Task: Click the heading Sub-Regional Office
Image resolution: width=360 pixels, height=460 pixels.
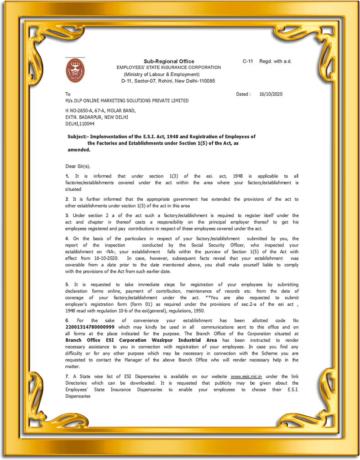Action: point(169,61)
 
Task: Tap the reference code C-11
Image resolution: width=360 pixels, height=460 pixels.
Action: point(248,61)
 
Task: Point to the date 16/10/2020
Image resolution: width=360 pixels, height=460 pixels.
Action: point(271,94)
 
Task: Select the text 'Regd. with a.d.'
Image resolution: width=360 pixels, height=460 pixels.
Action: point(276,61)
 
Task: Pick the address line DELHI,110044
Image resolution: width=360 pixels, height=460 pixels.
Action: point(80,124)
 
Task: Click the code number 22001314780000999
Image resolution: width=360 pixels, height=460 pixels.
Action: point(90,327)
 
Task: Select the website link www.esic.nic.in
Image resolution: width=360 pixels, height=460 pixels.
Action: point(246,376)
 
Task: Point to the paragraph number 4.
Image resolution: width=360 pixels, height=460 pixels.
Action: point(67,238)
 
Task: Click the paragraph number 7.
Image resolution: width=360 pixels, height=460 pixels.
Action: point(67,376)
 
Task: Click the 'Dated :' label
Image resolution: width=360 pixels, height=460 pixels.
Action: point(243,94)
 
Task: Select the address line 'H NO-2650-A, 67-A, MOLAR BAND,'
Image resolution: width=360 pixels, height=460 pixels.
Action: point(100,110)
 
